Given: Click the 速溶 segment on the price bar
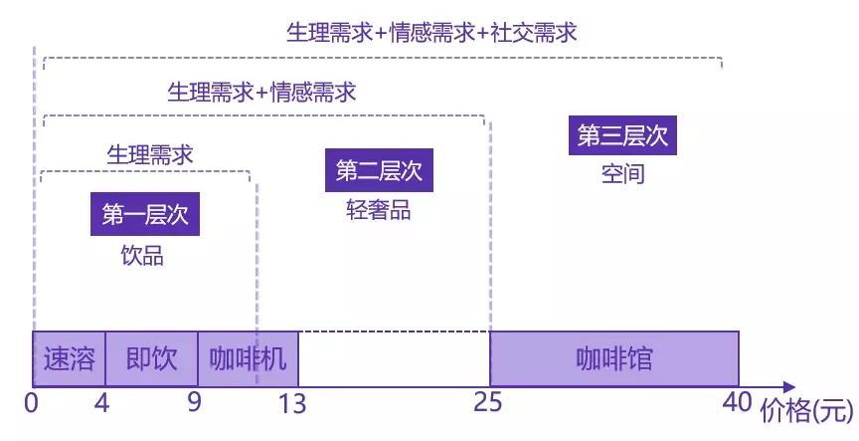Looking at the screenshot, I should (x=69, y=358).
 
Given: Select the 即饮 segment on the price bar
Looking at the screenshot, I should (x=151, y=358).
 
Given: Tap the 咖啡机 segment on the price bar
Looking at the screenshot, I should (x=248, y=358).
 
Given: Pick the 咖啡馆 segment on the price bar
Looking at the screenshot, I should (x=614, y=358).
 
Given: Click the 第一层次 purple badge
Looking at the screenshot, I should (x=145, y=215).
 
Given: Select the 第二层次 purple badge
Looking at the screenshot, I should (x=379, y=170).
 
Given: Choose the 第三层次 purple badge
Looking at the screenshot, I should (x=622, y=134).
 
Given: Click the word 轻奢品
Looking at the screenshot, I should (x=378, y=210).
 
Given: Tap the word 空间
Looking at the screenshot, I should (x=623, y=173).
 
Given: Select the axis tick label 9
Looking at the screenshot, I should (x=194, y=404).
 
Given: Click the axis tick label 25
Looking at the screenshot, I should (x=489, y=404).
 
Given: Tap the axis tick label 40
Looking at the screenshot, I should (x=737, y=404).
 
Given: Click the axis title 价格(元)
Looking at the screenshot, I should (x=806, y=409).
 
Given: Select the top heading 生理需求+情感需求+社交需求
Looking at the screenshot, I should (x=431, y=32).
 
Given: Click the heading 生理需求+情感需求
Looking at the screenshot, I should (x=261, y=93).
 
